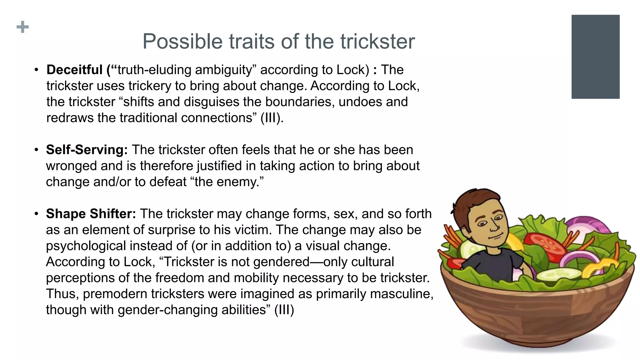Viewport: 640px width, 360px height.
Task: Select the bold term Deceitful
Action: [x=74, y=70]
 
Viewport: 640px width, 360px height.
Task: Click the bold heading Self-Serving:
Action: [x=87, y=150]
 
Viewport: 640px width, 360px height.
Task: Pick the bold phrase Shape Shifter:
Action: [x=91, y=214]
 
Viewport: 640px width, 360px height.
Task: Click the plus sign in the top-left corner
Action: [x=22, y=27]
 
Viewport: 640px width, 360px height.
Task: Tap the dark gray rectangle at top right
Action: [x=595, y=57]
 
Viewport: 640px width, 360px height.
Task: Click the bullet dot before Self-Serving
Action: [x=37, y=150]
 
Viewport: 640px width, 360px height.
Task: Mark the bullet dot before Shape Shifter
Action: [x=37, y=214]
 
